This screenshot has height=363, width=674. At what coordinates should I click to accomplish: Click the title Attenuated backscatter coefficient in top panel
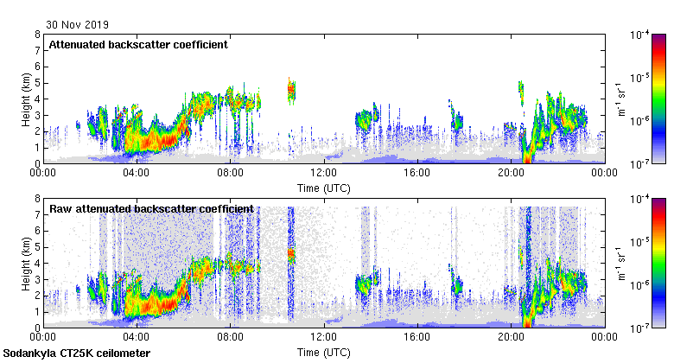138,44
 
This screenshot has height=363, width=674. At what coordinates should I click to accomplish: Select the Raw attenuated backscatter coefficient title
151,208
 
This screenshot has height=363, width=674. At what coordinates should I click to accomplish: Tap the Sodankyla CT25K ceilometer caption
77,353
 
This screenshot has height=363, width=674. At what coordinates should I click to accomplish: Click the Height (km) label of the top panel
25,99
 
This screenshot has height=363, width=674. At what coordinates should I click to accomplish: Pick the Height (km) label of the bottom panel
25,264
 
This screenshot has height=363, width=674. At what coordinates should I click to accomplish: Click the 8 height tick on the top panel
37,35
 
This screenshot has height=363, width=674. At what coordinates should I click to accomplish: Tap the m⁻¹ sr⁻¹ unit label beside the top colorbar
620,99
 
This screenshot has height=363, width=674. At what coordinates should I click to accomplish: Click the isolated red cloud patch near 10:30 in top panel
291,89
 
